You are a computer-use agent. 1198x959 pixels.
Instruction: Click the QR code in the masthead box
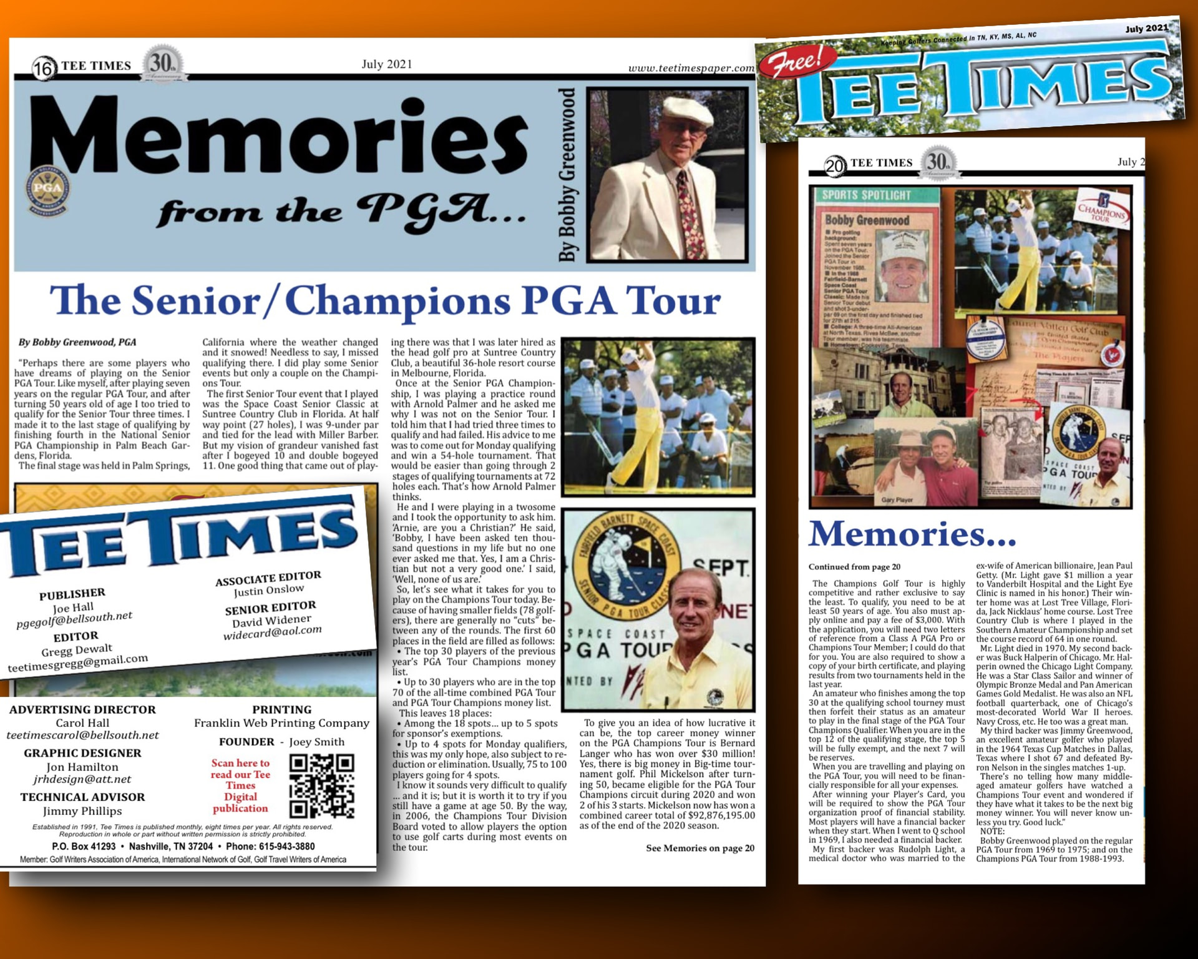tap(322, 786)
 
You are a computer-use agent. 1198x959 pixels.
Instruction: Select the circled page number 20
tap(835, 165)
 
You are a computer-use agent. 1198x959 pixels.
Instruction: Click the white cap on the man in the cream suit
tap(686, 111)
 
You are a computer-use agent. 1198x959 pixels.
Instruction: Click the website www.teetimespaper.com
tap(691, 68)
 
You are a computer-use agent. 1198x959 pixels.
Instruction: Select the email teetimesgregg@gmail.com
tap(78, 663)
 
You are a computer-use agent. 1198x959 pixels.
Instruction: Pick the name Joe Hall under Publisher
tap(73, 607)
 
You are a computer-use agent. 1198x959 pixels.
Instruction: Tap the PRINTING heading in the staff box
tap(281, 710)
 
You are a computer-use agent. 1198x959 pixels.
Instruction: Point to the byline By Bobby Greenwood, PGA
tap(77, 342)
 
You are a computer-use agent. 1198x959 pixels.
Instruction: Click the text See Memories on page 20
tap(699, 848)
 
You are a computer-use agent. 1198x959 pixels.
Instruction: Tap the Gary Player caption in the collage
tap(897, 500)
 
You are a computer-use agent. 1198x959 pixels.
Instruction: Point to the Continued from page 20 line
tap(854, 567)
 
